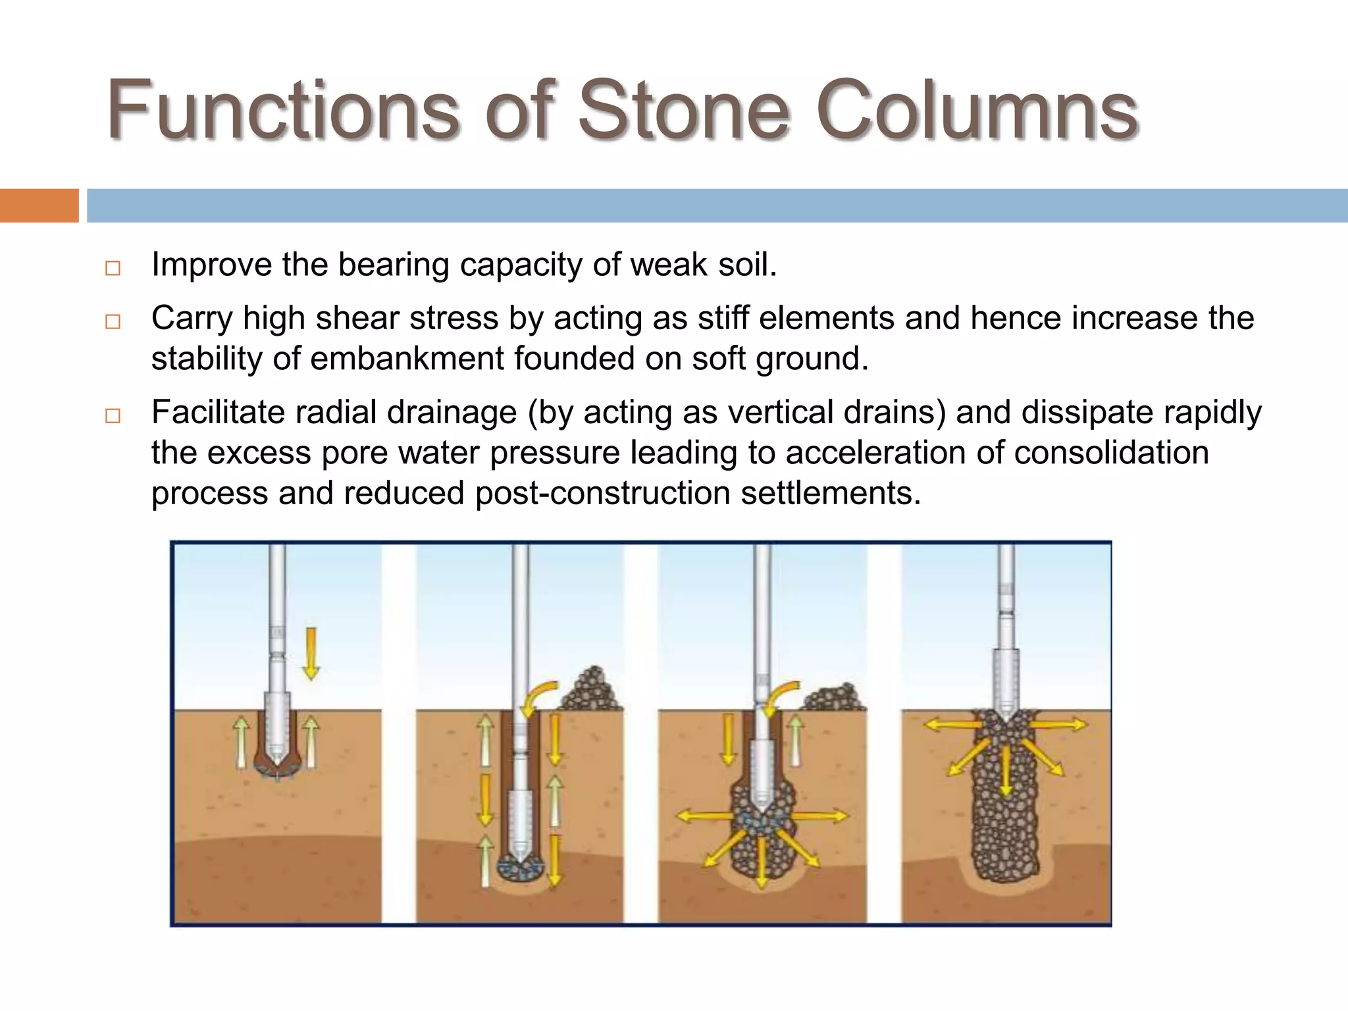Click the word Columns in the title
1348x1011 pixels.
pos(977,111)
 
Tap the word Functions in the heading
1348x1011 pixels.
pos(282,111)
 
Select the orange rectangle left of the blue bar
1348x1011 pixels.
pos(39,205)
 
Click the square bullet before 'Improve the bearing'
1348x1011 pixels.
pos(113,268)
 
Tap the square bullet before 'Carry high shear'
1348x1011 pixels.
pos(113,322)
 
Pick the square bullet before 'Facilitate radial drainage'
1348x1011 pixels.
pos(113,416)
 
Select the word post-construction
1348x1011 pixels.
pos(602,493)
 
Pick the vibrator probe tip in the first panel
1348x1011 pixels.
pos(277,764)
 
